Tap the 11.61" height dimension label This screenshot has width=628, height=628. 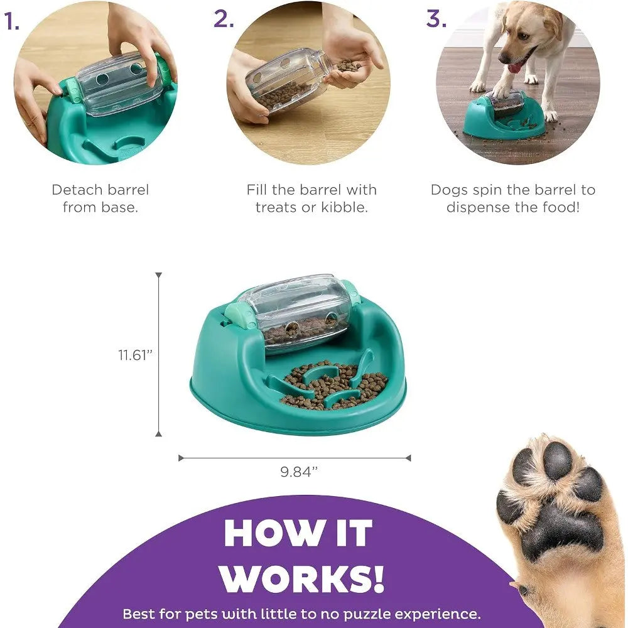pos(136,355)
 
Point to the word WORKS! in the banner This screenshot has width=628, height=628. pos(303,579)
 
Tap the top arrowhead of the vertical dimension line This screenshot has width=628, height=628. pos(159,276)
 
